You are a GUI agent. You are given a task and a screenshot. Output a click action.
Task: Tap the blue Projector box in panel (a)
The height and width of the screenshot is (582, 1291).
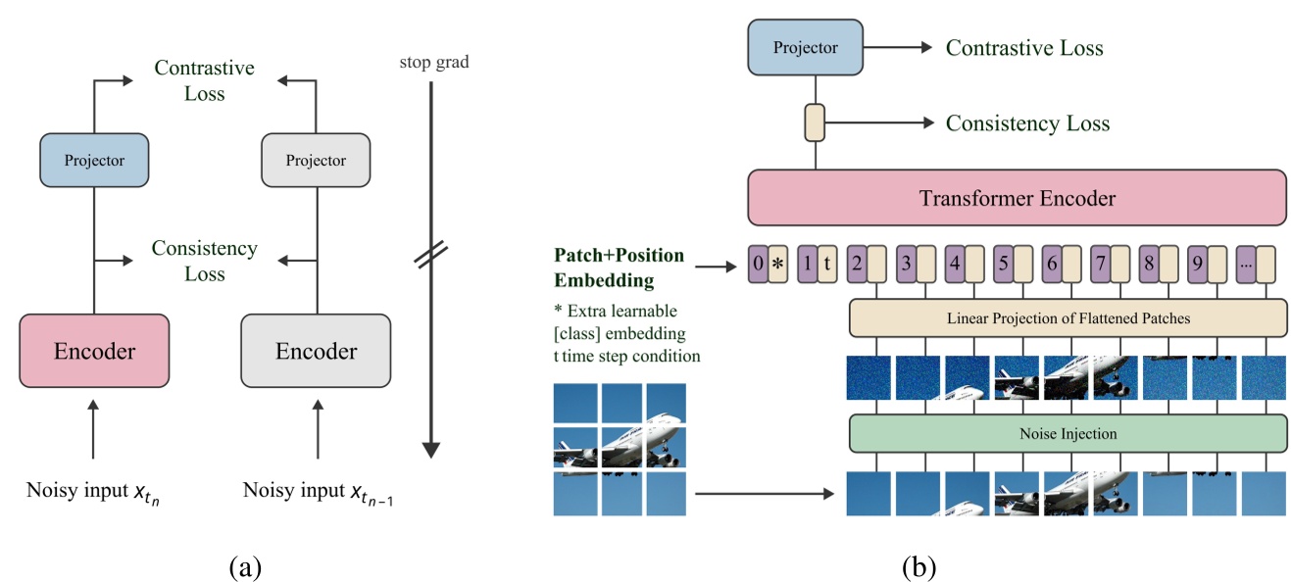pyautogui.click(x=94, y=161)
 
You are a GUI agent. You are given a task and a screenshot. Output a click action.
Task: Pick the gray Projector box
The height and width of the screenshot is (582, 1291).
pyautogui.click(x=316, y=161)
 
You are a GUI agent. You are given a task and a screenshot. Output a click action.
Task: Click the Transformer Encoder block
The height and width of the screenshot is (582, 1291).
pyautogui.click(x=1017, y=198)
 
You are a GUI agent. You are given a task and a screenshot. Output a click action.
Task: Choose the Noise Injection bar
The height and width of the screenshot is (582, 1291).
pyautogui.click(x=1067, y=433)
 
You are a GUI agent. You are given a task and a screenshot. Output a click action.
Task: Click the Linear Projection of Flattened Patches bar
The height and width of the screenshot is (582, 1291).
pyautogui.click(x=1067, y=319)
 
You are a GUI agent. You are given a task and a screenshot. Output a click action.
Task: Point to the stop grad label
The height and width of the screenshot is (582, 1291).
pyautogui.click(x=434, y=63)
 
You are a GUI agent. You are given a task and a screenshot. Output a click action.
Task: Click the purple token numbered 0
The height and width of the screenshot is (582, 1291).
pyautogui.click(x=758, y=265)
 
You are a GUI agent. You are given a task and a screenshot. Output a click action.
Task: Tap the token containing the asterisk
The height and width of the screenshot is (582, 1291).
pyautogui.click(x=778, y=265)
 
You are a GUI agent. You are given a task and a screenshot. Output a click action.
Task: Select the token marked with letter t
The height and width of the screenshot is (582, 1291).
pyautogui.click(x=827, y=265)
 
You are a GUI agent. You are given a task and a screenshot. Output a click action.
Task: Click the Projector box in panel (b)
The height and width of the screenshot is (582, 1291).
pyautogui.click(x=805, y=47)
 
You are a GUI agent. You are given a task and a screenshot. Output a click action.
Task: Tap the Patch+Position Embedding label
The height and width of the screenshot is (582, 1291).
pyautogui.click(x=619, y=267)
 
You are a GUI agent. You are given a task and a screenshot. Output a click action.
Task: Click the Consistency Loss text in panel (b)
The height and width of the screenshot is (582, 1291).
pyautogui.click(x=1027, y=123)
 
